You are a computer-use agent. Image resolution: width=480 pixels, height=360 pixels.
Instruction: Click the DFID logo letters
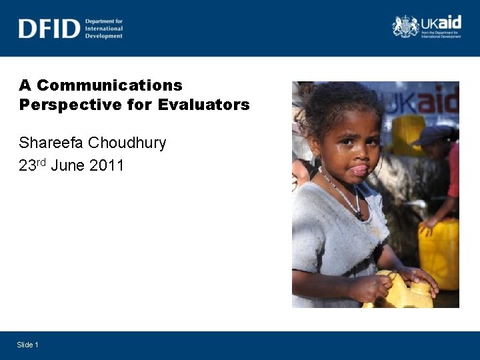[49, 29]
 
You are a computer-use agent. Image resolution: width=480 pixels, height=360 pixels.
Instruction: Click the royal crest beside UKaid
[405, 27]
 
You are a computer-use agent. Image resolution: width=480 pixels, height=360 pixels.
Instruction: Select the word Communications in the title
[109, 85]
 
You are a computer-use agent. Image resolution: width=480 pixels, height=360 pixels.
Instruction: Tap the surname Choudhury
[127, 143]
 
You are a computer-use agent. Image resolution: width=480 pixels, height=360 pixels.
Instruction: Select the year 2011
[105, 165]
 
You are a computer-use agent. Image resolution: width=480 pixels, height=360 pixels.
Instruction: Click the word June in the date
[67, 165]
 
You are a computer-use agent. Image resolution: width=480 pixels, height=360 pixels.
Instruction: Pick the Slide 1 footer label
[28, 344]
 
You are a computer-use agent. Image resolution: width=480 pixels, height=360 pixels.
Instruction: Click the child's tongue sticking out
[359, 170]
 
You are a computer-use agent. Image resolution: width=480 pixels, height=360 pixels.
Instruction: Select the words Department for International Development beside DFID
[104, 29]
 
